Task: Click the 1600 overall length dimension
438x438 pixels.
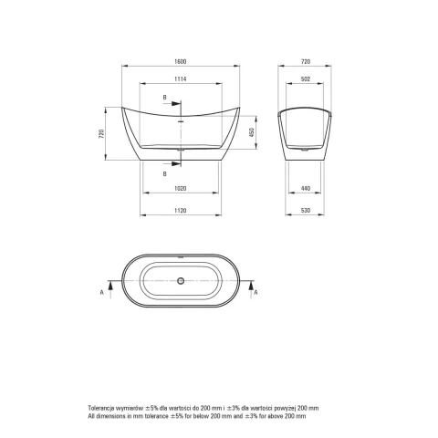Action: pos(180,61)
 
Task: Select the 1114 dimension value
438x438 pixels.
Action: pos(180,79)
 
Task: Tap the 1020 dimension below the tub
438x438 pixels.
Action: pos(180,189)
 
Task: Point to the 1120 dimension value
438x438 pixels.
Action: pos(180,211)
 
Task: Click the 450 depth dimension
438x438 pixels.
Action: pos(252,132)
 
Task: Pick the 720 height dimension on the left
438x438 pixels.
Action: pos(101,134)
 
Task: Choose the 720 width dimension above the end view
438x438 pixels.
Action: pos(306,61)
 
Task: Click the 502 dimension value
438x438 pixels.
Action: pos(306,79)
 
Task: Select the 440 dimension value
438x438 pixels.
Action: pos(306,189)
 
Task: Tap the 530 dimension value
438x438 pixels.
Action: pos(306,211)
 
